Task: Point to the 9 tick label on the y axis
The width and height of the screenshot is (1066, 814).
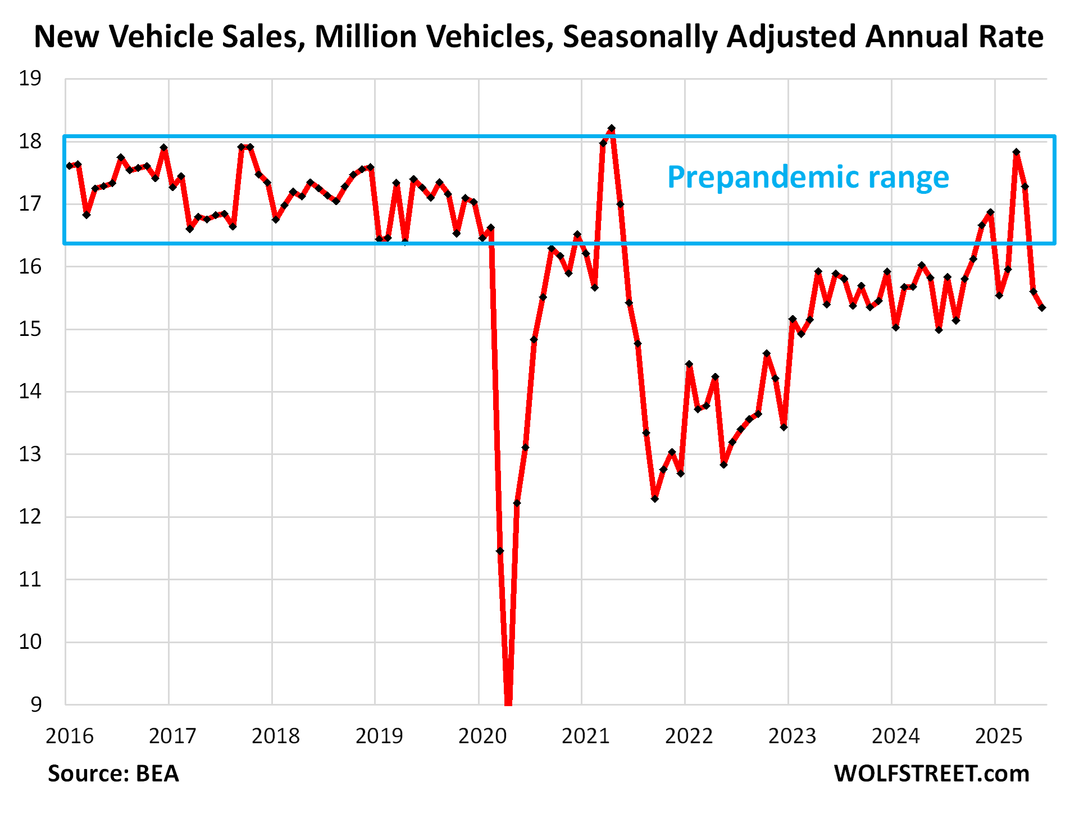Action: pyautogui.click(x=36, y=704)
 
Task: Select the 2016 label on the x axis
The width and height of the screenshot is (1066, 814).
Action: pyautogui.click(x=69, y=735)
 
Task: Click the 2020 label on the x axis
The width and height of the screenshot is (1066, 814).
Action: pyautogui.click(x=482, y=735)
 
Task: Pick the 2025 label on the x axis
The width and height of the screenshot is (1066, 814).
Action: pyautogui.click(x=999, y=735)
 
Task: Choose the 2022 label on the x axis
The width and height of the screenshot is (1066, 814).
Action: pyautogui.click(x=689, y=735)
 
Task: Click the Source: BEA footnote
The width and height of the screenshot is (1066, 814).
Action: pyautogui.click(x=113, y=774)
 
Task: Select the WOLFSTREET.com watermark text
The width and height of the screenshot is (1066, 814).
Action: pyautogui.click(x=931, y=774)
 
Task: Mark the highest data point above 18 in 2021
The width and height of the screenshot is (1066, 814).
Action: pyautogui.click(x=612, y=129)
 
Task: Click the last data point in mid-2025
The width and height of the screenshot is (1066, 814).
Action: pyautogui.click(x=1042, y=307)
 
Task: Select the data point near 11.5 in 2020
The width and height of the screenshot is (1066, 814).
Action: pyautogui.click(x=500, y=551)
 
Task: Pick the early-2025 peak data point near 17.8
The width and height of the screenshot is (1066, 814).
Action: pyautogui.click(x=1016, y=152)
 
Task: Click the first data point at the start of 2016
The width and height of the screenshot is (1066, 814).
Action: pyautogui.click(x=69, y=166)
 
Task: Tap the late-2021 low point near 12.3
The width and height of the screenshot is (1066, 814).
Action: pyautogui.click(x=654, y=498)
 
